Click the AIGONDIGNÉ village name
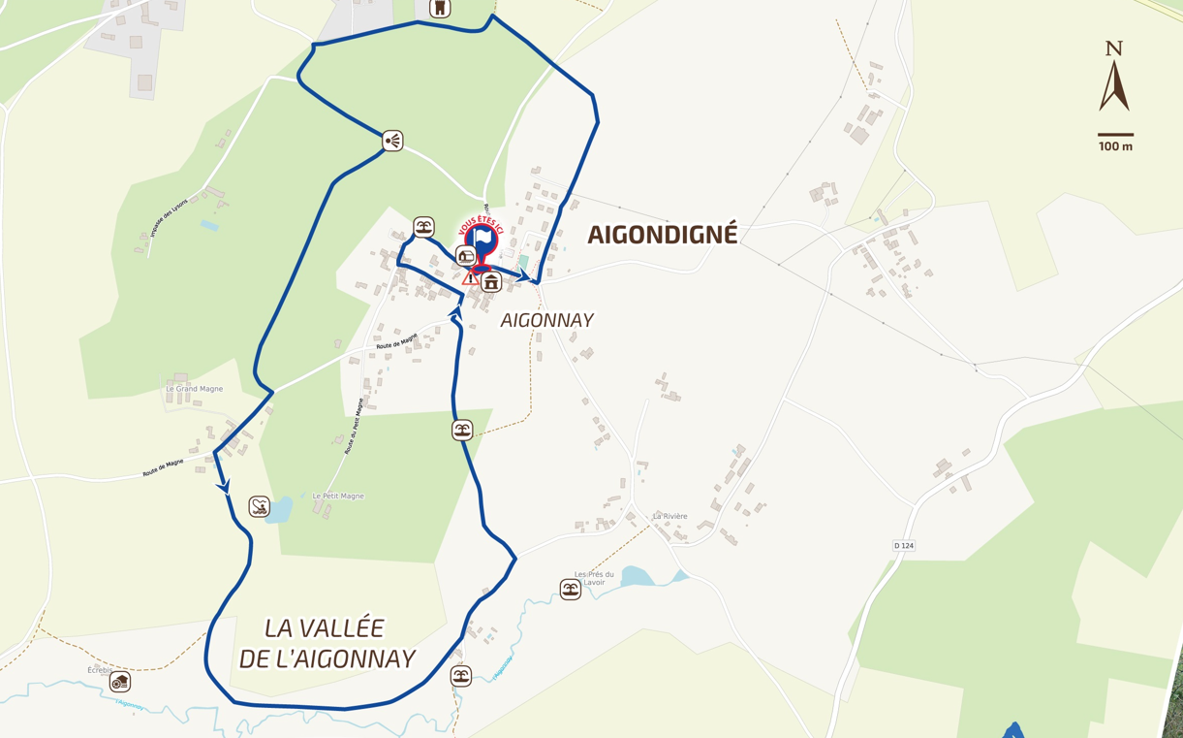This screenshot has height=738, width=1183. click(663, 234)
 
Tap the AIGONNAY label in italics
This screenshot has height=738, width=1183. click(546, 320)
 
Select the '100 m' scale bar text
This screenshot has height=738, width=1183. click(1115, 146)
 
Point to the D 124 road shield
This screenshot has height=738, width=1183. click(903, 546)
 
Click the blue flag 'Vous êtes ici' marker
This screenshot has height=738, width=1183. click(482, 238)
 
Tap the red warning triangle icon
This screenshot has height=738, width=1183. click(470, 278)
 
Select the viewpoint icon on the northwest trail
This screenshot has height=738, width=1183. click(391, 141)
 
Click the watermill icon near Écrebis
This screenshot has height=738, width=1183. click(120, 682)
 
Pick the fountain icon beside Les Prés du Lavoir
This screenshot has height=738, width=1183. click(571, 589)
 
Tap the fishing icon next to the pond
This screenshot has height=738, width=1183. click(260, 506)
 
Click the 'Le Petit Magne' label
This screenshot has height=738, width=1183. click(338, 496)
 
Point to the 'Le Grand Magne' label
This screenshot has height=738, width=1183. click(194, 389)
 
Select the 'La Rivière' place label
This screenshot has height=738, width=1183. click(669, 516)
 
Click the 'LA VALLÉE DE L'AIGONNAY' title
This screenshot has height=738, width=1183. click(327, 643)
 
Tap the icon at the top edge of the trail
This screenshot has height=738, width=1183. click(440, 8)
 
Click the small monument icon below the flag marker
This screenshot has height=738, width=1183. click(491, 283)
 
